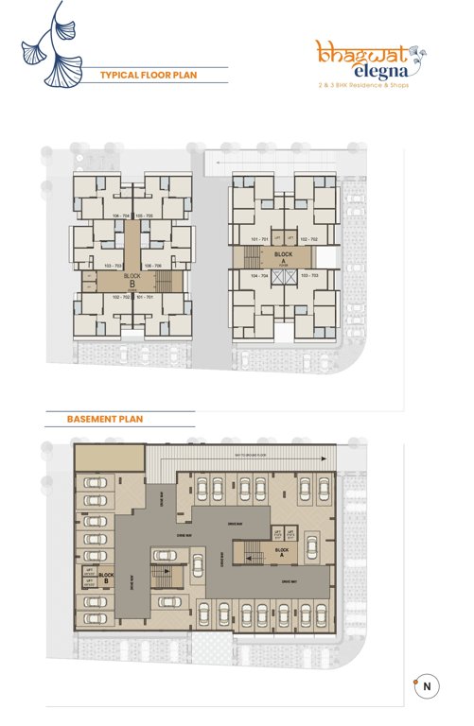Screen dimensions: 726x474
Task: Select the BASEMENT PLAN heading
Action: point(105,418)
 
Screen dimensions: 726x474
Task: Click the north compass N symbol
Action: point(428,687)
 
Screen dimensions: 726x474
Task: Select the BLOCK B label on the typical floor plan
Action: point(132,278)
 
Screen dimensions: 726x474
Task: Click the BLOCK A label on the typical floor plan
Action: point(283,255)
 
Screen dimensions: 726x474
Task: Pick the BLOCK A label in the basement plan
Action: point(279,549)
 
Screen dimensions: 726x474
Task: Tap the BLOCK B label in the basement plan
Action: point(107,575)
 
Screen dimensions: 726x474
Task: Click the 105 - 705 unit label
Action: point(145,216)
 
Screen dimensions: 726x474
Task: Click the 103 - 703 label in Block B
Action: point(114,266)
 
